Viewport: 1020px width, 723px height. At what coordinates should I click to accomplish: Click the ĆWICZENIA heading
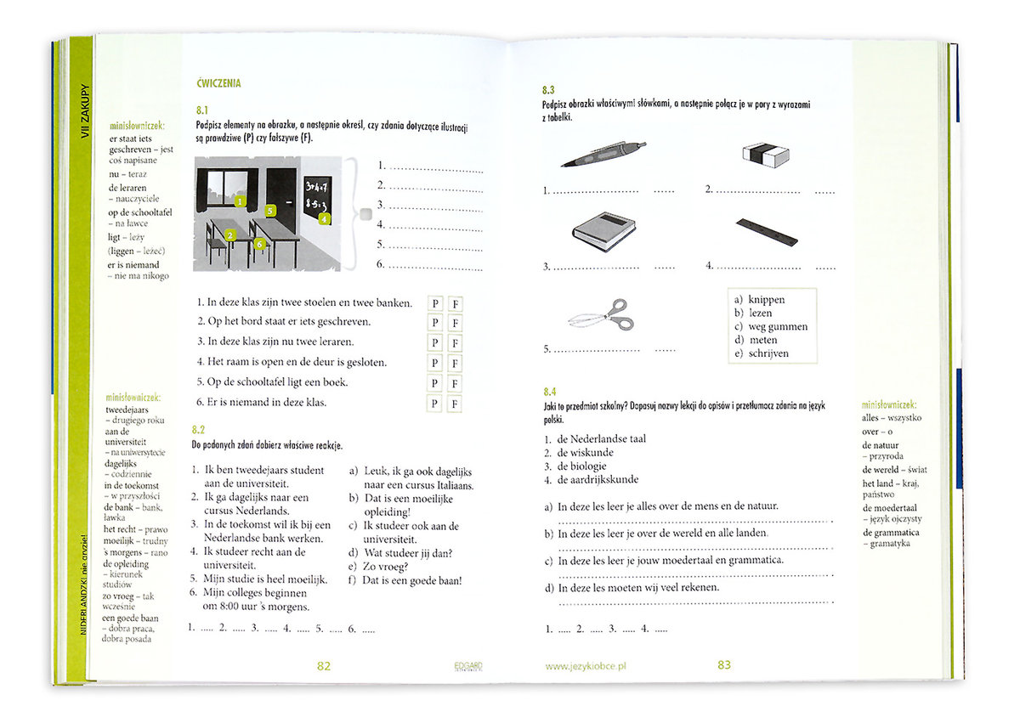tap(218, 83)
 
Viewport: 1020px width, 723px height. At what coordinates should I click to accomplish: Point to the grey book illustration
tap(604, 230)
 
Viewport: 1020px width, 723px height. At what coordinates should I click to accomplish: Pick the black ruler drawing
tap(767, 231)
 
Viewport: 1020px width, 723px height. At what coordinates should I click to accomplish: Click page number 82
tap(323, 666)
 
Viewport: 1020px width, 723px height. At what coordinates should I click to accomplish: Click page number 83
tap(724, 665)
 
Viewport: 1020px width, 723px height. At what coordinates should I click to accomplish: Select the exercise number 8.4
tap(549, 392)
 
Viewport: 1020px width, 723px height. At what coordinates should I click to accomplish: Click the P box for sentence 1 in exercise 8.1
tap(435, 303)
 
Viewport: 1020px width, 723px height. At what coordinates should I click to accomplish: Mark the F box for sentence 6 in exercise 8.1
tap(456, 403)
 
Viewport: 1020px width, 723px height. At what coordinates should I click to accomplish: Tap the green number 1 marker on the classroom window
tap(241, 201)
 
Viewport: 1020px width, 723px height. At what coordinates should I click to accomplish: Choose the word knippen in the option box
tap(766, 300)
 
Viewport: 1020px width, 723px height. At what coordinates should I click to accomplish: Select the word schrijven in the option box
tap(768, 353)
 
